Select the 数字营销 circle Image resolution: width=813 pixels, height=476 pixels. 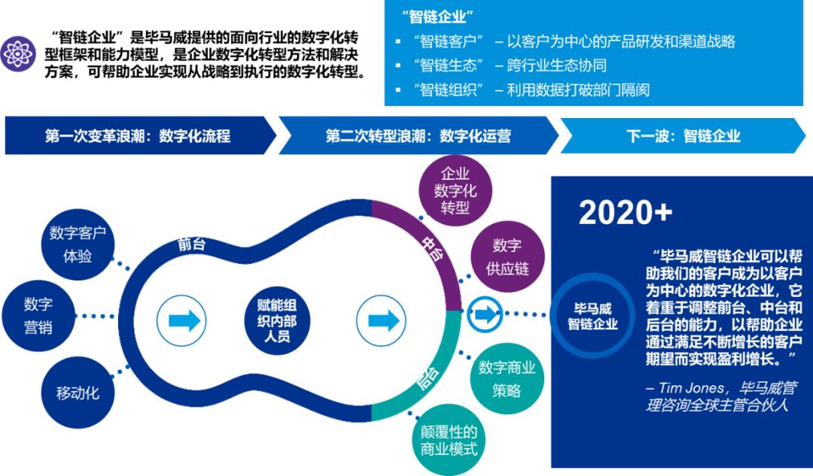pyautogui.click(x=38, y=315)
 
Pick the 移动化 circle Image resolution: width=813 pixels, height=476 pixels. pyautogui.click(x=78, y=392)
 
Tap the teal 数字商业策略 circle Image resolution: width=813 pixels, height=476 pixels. pyautogui.click(x=507, y=378)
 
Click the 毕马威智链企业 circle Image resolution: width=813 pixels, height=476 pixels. pyautogui.click(x=593, y=316)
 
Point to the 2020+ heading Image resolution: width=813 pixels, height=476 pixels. pyautogui.click(x=626, y=213)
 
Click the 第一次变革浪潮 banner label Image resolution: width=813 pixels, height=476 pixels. pyautogui.click(x=137, y=136)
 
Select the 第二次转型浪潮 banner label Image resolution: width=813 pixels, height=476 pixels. pyautogui.click(x=418, y=136)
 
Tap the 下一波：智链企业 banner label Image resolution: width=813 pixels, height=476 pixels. pyautogui.click(x=683, y=136)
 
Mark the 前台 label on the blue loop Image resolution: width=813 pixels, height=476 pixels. pyautogui.click(x=192, y=244)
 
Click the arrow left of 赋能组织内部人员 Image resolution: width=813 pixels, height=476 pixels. pyautogui.click(x=184, y=320)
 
